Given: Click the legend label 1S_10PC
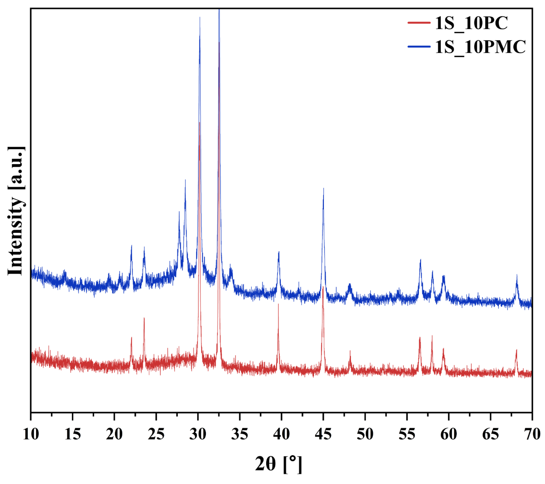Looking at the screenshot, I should [x=471, y=23].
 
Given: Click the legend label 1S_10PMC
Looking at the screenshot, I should [x=480, y=47].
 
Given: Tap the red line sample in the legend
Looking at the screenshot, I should [x=419, y=23].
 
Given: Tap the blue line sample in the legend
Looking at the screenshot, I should [x=419, y=47].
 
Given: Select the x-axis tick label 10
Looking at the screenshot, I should [x=31, y=434].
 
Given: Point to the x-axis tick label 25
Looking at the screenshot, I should [x=156, y=434].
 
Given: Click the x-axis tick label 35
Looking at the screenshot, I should [x=240, y=434].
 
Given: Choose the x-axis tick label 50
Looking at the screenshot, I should [x=365, y=434].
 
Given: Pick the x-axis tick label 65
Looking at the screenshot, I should [x=490, y=434].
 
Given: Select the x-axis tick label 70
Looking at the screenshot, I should [x=532, y=434].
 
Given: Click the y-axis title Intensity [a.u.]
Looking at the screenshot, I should [x=16, y=211].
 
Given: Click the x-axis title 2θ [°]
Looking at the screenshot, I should [x=278, y=464].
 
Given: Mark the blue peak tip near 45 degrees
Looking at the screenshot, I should [x=324, y=188].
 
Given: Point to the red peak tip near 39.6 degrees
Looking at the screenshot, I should [x=278, y=304].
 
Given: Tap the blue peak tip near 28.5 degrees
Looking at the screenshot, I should [x=185, y=180].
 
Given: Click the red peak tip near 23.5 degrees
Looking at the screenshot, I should [x=144, y=318].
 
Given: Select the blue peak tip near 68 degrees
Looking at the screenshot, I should [x=517, y=275].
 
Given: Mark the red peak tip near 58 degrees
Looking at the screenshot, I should [x=432, y=336].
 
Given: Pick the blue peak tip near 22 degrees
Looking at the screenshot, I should [x=132, y=245].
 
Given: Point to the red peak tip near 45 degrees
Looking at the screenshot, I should [x=323, y=287].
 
